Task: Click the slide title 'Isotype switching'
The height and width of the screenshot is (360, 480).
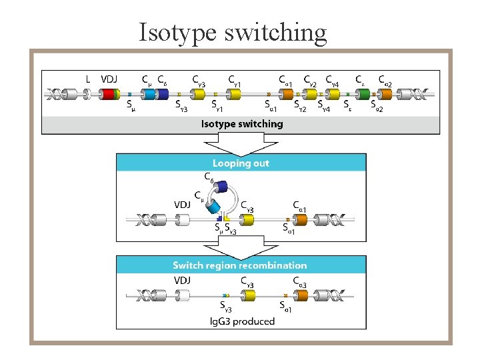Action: click(x=233, y=31)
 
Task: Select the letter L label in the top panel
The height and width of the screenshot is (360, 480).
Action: click(x=88, y=79)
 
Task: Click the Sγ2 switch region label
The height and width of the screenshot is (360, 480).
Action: click(x=301, y=105)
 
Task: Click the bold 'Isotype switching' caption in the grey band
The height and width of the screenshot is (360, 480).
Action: click(x=242, y=124)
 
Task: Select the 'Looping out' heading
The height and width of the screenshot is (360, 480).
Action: click(x=241, y=163)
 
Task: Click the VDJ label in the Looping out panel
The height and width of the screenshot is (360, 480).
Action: click(x=183, y=205)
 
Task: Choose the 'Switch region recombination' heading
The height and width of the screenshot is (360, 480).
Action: click(x=240, y=265)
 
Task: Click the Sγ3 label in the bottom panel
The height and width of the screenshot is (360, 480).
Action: click(x=227, y=307)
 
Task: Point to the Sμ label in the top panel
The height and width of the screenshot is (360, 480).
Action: click(x=131, y=105)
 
